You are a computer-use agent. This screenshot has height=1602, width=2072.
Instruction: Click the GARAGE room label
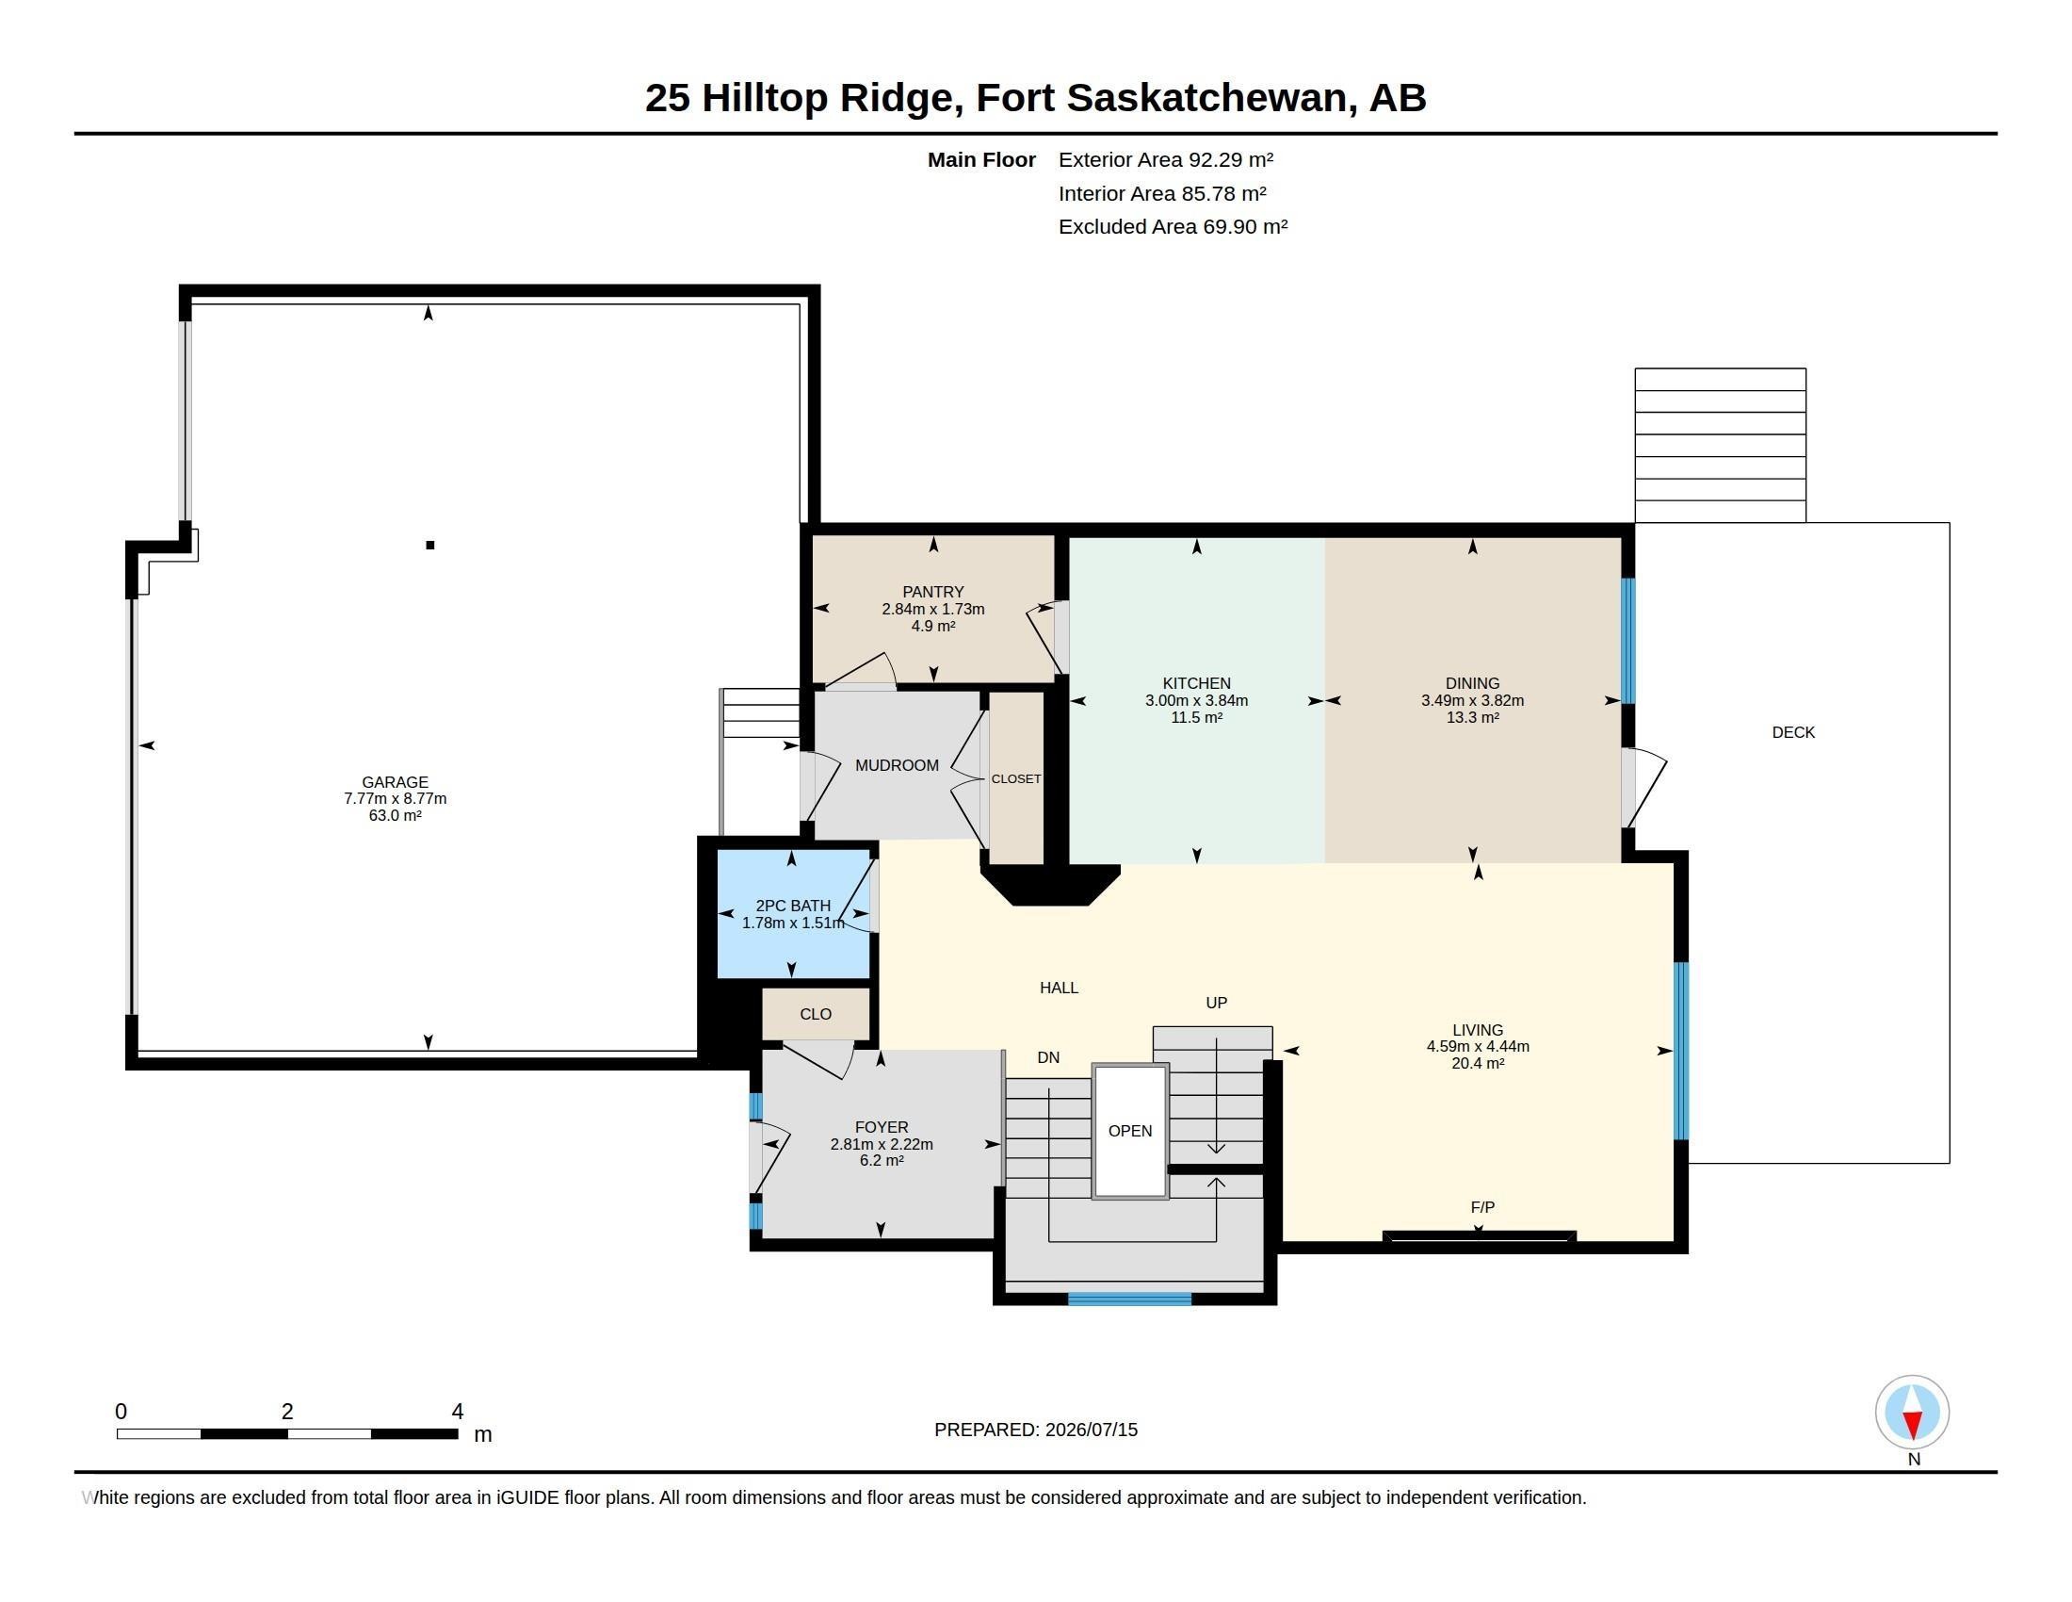click(395, 782)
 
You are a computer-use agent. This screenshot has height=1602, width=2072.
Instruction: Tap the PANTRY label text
click(933, 591)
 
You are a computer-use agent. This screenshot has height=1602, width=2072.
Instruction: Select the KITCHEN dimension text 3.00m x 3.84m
click(1196, 700)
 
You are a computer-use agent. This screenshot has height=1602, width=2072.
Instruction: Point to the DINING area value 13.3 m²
click(1472, 717)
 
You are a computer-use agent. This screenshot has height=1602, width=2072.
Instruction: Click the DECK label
click(1793, 731)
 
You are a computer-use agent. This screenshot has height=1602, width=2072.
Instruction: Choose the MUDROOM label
click(897, 765)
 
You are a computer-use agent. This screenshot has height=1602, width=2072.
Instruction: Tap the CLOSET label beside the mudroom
click(1016, 778)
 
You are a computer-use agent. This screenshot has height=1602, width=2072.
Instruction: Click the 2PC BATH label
click(793, 906)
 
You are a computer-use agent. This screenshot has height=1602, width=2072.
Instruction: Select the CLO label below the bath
click(815, 1014)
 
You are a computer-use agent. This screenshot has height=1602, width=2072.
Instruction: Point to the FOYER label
click(882, 1126)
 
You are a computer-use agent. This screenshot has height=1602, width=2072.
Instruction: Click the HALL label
click(1059, 987)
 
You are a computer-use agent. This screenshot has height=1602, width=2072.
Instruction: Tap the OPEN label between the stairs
click(1130, 1130)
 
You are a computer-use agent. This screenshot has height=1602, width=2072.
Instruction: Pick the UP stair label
click(1216, 1003)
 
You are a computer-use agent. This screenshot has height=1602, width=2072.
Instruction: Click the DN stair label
click(1048, 1057)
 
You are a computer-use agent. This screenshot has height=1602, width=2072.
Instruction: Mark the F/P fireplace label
click(1481, 1207)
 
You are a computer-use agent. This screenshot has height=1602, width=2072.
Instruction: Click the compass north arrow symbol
click(1912, 1413)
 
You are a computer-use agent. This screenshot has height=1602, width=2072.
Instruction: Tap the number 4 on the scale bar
click(458, 1412)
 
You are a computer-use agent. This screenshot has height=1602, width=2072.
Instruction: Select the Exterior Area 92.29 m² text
click(1166, 159)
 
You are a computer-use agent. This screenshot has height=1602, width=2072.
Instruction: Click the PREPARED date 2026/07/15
click(1091, 1430)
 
